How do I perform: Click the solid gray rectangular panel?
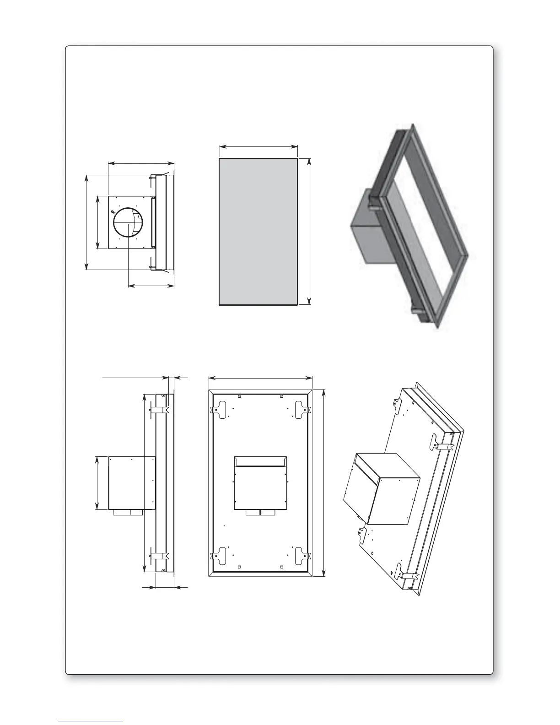(x=258, y=231)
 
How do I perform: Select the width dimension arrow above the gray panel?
(x=258, y=147)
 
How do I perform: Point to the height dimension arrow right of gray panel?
(x=309, y=231)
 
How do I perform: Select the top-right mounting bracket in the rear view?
(x=302, y=409)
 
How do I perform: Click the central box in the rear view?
(x=260, y=483)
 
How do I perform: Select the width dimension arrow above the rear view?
(x=260, y=378)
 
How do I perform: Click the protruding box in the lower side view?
(x=132, y=482)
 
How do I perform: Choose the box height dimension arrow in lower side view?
(x=97, y=482)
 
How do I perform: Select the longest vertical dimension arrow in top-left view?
(x=87, y=222)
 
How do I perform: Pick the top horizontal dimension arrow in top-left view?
(x=141, y=162)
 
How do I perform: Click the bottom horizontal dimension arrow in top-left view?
(x=151, y=286)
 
